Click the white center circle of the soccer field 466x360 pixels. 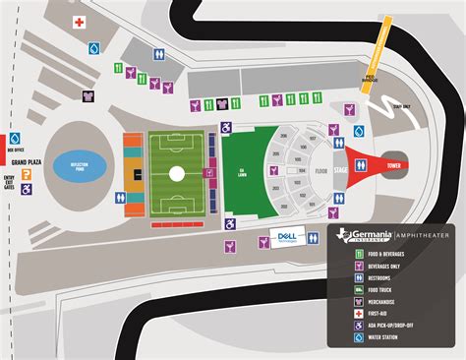175,175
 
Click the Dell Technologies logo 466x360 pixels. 285,237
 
